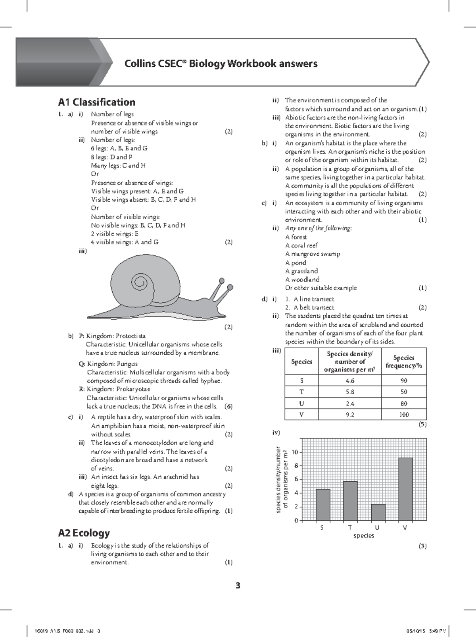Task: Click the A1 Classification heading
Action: tap(96, 102)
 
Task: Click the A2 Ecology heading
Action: tap(84, 533)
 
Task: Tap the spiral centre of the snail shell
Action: tap(139, 282)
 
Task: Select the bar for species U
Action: tap(378, 512)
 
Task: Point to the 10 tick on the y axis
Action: tap(294, 452)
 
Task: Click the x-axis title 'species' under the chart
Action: tap(364, 535)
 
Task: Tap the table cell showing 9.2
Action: tap(349, 415)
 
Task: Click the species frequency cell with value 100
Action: tap(404, 415)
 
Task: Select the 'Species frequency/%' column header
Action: tap(404, 362)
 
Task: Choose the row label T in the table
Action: tap(301, 392)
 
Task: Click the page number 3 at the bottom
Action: tap(238, 586)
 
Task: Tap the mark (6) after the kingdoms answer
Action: tap(228, 406)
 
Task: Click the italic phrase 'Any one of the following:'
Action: tap(319, 228)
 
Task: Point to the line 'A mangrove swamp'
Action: tap(313, 254)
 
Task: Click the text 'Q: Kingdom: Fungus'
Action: tap(108, 364)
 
